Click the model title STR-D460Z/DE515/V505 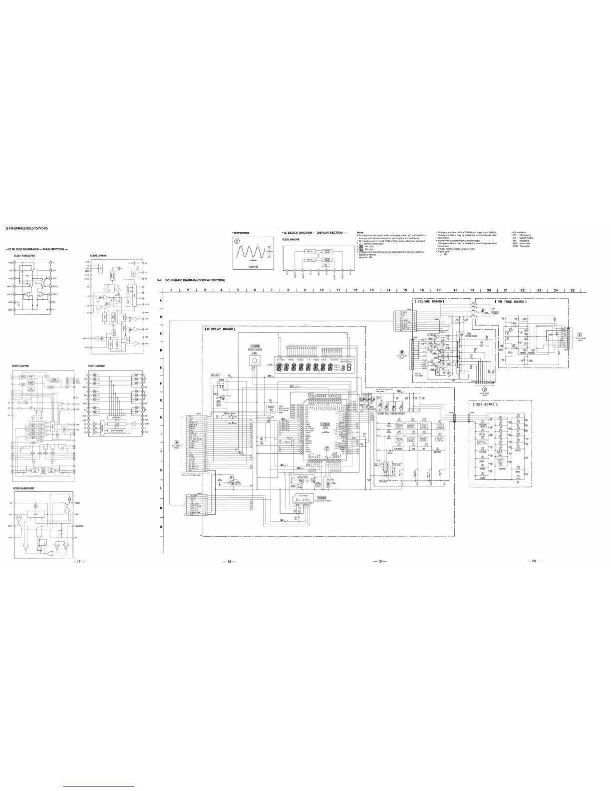point(26,229)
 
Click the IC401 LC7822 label point(97,366)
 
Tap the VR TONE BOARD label point(511,302)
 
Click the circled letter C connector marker point(580,335)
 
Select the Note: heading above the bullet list point(360,232)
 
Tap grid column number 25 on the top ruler point(572,290)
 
